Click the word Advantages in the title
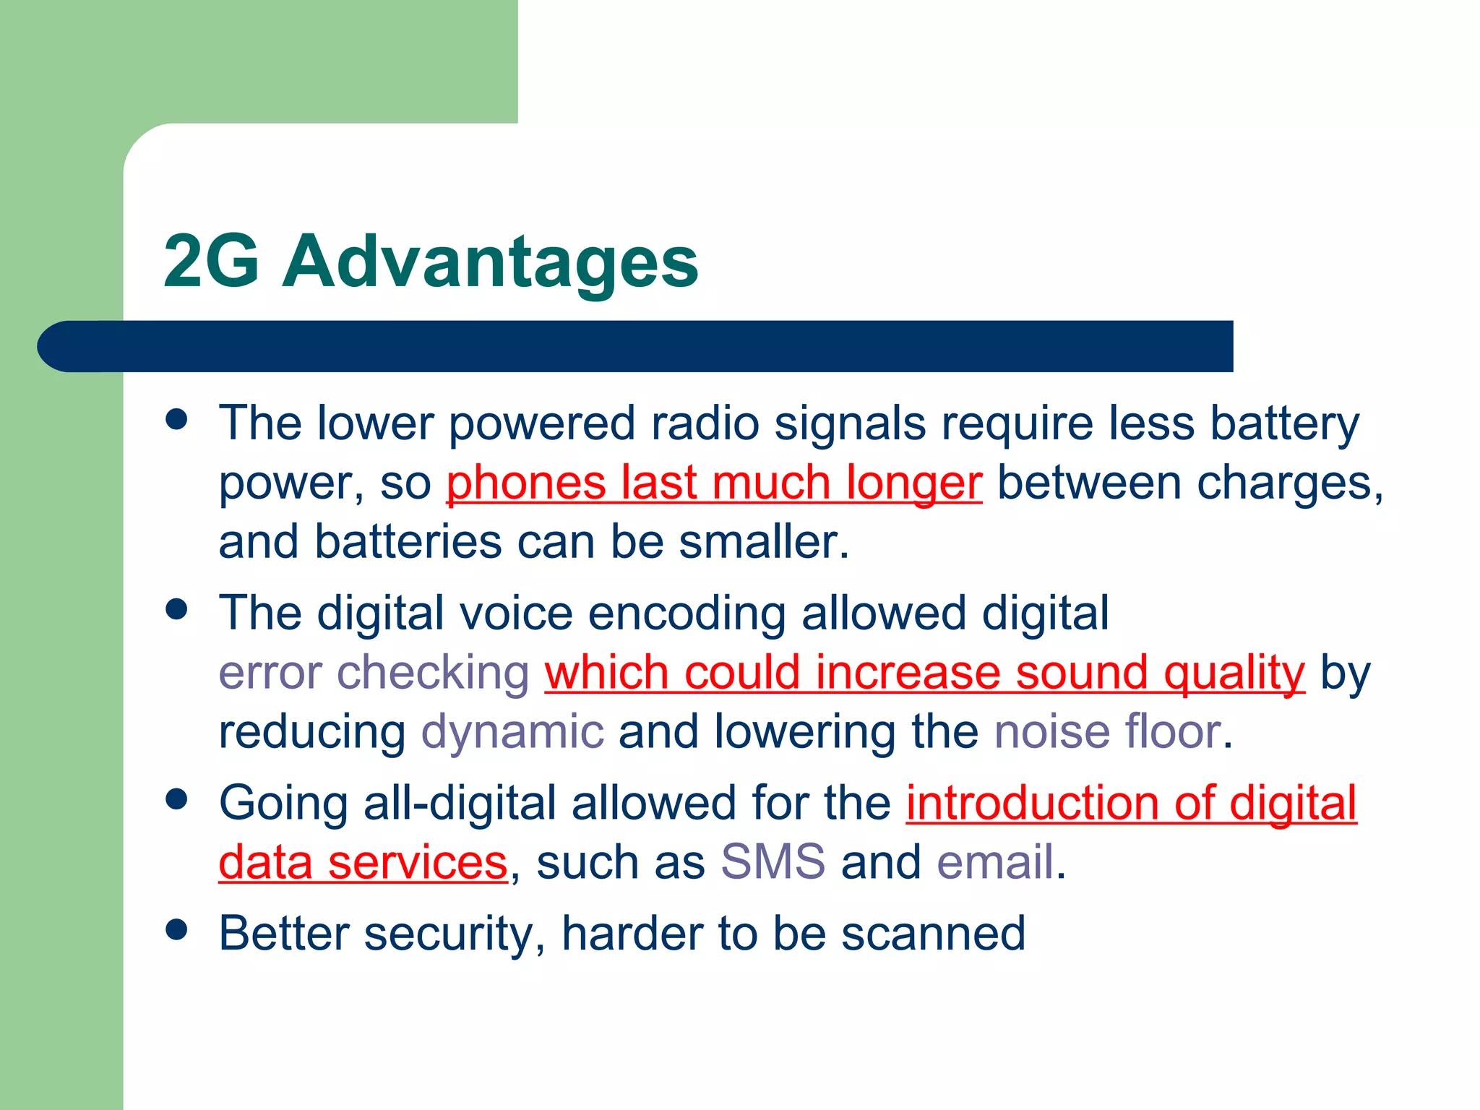point(490,262)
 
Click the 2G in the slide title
point(211,262)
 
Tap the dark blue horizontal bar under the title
point(636,346)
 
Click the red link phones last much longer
point(714,483)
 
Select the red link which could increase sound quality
point(924,673)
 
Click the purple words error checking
point(374,673)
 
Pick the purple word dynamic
point(512,732)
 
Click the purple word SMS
point(773,862)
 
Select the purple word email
point(995,862)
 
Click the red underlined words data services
point(363,862)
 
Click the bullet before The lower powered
point(176,419)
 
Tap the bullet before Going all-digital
point(176,799)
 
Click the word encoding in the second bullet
point(687,614)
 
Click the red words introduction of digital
point(1131,803)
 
